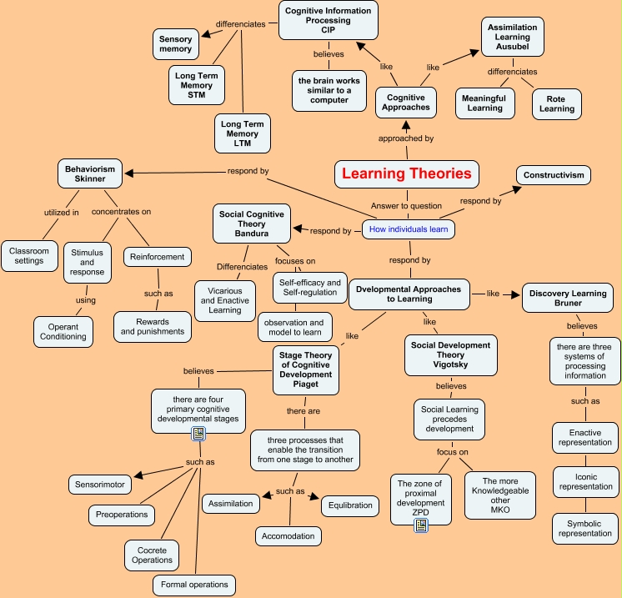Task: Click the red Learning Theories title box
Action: pos(407,174)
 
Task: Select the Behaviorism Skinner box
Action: pos(91,174)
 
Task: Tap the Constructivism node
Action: pos(553,175)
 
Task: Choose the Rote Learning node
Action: pos(556,103)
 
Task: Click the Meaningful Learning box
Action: pos(484,103)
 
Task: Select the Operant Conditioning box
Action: pos(63,330)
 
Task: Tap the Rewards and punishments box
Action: pos(153,325)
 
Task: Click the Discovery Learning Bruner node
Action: pos(567,297)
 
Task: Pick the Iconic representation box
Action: pos(585,481)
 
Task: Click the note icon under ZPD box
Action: pos(421,525)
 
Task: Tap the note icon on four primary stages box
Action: pos(198,433)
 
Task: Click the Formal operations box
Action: pos(194,585)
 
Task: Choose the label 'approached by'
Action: pos(406,138)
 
